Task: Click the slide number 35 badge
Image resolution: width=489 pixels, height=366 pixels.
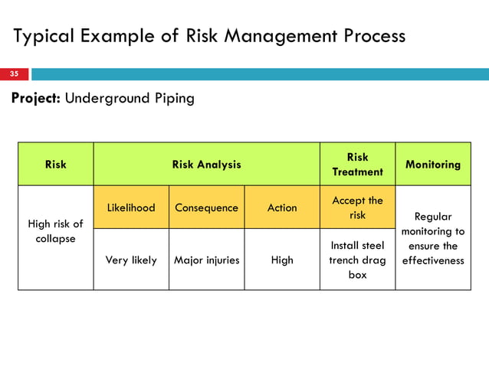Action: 15,74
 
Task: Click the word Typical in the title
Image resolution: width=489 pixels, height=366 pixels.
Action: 41,37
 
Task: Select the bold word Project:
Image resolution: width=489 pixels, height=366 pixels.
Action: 36,99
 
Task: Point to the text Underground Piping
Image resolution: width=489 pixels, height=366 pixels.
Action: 130,99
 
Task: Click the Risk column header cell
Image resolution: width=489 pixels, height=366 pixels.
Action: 56,164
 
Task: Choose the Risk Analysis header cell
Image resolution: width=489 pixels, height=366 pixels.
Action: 206,164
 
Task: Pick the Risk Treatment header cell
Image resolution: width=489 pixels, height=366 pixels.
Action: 357,164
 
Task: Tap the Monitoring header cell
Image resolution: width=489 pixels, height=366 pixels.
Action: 433,164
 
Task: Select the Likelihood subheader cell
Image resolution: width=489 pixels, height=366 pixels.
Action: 131,208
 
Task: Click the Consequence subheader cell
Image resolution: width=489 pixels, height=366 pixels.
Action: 206,208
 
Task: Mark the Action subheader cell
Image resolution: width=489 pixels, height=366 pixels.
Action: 282,208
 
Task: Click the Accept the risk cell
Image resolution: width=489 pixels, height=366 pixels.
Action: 357,208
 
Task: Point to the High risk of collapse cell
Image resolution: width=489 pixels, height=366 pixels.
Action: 56,231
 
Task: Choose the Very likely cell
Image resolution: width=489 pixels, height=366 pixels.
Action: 131,260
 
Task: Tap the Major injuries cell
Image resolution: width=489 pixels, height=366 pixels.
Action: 206,260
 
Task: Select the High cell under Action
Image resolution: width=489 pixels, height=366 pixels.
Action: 282,260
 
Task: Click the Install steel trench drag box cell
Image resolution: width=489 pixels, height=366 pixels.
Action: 357,260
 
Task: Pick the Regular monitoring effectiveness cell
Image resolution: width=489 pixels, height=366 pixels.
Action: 433,238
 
